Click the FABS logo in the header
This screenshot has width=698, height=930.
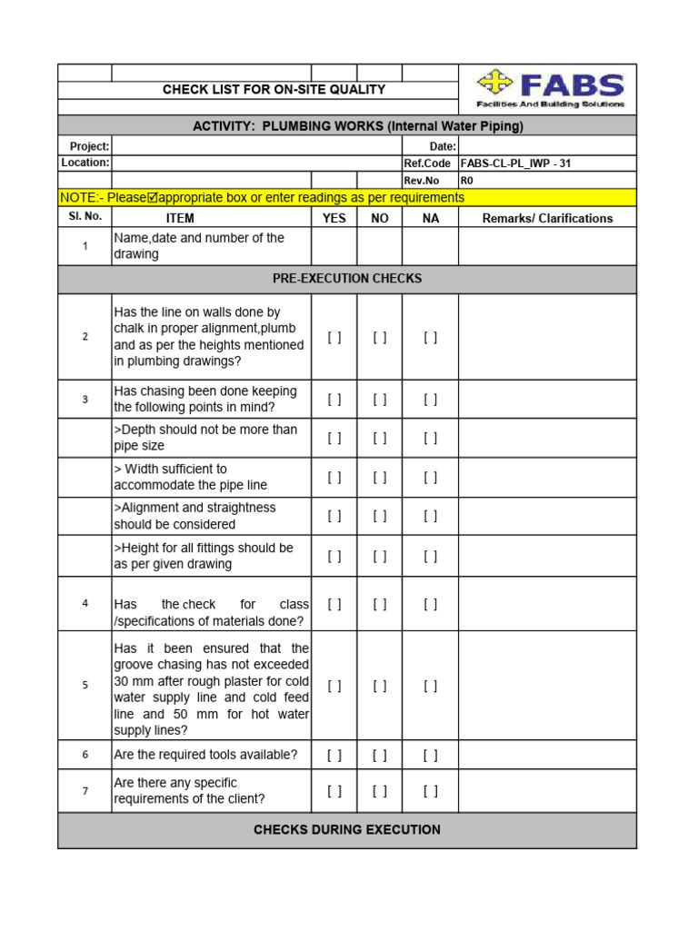point(548,89)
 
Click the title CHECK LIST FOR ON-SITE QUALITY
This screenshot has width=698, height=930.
point(274,90)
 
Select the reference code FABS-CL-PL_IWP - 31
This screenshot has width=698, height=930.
point(515,163)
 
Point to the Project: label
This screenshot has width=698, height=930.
point(89,146)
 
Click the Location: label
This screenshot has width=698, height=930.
point(85,163)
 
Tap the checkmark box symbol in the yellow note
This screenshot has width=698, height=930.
point(152,198)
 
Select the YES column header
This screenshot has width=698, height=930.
point(334,218)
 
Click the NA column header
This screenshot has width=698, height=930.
point(431,218)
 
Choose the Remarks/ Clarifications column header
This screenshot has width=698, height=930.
point(547,218)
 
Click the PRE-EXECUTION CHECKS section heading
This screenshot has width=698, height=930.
point(347,279)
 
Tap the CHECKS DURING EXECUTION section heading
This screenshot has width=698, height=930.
point(347,830)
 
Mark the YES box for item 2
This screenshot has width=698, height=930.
point(334,337)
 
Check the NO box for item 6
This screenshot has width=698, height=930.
point(380,755)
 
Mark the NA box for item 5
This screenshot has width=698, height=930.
point(431,686)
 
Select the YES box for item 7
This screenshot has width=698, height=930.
point(334,791)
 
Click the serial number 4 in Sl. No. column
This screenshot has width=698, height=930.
point(85,603)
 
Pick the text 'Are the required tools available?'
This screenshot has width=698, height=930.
point(205,755)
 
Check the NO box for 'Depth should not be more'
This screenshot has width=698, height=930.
point(380,438)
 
